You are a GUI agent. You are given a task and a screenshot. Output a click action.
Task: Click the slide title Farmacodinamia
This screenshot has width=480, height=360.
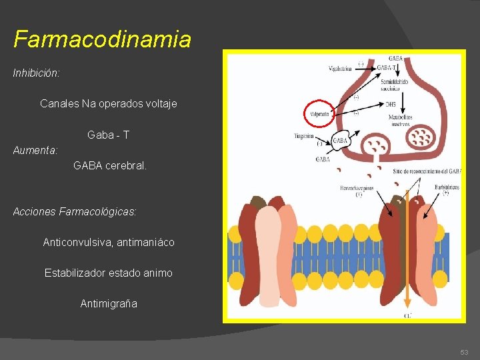(102, 39)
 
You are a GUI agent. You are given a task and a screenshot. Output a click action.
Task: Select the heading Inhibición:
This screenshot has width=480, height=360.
(37, 73)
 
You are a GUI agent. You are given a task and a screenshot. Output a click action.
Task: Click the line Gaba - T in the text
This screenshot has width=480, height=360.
(108, 135)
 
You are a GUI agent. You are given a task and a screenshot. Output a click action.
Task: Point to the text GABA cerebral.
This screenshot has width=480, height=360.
(110, 165)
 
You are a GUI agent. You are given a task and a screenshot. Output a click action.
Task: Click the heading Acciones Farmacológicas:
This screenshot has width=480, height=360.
(75, 211)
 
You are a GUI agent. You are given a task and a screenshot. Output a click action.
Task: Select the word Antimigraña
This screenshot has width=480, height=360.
(109, 303)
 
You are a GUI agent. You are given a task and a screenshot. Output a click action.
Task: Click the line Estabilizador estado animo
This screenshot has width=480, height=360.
(108, 273)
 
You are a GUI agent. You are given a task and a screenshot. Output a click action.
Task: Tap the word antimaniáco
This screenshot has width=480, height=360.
(145, 242)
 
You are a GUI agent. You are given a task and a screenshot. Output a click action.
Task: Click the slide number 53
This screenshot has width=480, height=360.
(464, 352)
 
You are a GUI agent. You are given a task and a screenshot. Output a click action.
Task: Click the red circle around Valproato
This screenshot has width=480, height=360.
(321, 114)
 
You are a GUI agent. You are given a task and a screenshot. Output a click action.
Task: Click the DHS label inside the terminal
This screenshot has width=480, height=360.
(391, 104)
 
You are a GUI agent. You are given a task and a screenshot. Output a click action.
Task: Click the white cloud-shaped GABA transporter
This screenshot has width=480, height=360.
(340, 142)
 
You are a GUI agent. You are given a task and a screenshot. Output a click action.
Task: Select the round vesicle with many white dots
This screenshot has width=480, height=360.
(421, 137)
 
